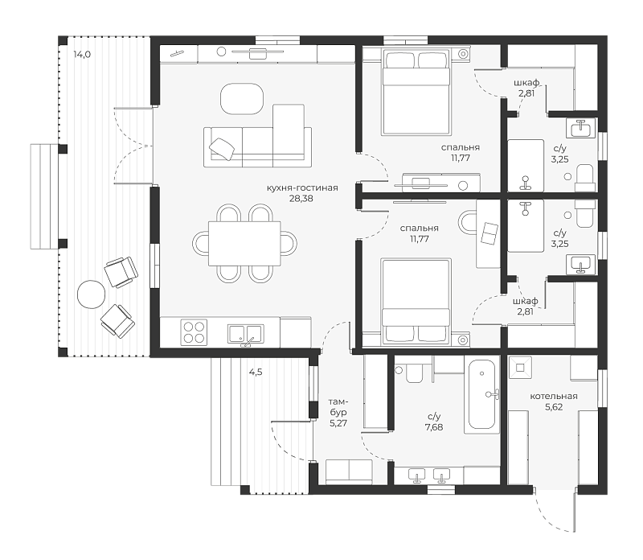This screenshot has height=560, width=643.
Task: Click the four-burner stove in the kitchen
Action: [194, 332]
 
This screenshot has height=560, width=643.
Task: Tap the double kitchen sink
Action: [246, 334]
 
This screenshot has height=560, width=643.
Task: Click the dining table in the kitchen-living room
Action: [244, 244]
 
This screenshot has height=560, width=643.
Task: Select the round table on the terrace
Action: [91, 294]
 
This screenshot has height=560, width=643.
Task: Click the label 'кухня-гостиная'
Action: [302, 188]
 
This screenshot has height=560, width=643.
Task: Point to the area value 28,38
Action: [302, 199]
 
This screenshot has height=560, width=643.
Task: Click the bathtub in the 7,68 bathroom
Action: [481, 394]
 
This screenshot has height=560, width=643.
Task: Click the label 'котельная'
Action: [554, 397]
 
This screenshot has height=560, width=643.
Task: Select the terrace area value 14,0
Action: [82, 54]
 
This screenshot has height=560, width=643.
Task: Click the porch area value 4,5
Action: [256, 373]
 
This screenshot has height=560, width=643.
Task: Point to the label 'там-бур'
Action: [338, 407]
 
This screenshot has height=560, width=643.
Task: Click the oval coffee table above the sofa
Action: [242, 99]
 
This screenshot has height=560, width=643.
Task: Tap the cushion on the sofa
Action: [223, 149]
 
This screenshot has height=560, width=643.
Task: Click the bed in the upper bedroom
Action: [416, 93]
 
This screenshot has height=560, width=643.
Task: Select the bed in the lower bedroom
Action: [416, 302]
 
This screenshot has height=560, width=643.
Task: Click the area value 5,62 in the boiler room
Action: [554, 407]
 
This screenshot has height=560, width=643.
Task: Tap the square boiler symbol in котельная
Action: [520, 367]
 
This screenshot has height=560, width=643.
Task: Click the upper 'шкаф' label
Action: [526, 83]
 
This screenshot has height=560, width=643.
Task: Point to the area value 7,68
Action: [434, 427]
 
